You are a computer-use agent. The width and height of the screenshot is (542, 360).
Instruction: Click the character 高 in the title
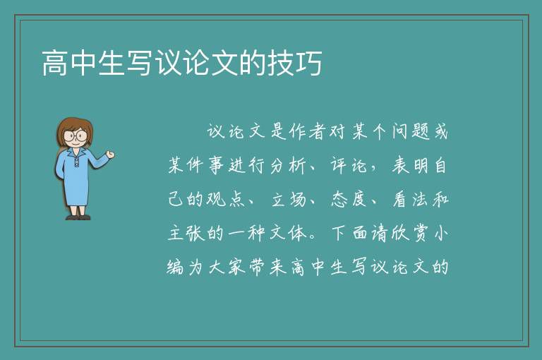point(55,63)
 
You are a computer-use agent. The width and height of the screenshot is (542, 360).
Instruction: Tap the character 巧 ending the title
point(309,63)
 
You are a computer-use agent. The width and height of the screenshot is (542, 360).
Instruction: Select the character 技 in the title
point(281,63)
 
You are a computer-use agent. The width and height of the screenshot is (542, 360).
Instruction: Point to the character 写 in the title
point(140,63)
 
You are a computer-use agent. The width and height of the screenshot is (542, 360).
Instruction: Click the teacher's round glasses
point(76,135)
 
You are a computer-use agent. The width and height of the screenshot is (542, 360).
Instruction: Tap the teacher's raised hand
point(110,155)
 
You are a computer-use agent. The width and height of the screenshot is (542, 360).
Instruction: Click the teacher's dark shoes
point(78,217)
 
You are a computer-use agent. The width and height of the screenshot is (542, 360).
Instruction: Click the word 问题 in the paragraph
point(410,132)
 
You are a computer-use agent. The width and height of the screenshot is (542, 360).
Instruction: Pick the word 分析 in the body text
point(288,165)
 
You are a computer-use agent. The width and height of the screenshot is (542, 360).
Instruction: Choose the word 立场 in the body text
point(289,199)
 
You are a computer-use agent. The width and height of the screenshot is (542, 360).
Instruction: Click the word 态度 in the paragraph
point(349,199)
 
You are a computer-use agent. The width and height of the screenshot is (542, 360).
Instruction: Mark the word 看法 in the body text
point(410,199)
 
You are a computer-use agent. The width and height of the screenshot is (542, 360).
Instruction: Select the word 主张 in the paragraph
point(186,233)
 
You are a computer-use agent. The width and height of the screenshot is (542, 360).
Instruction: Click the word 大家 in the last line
point(227,267)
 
